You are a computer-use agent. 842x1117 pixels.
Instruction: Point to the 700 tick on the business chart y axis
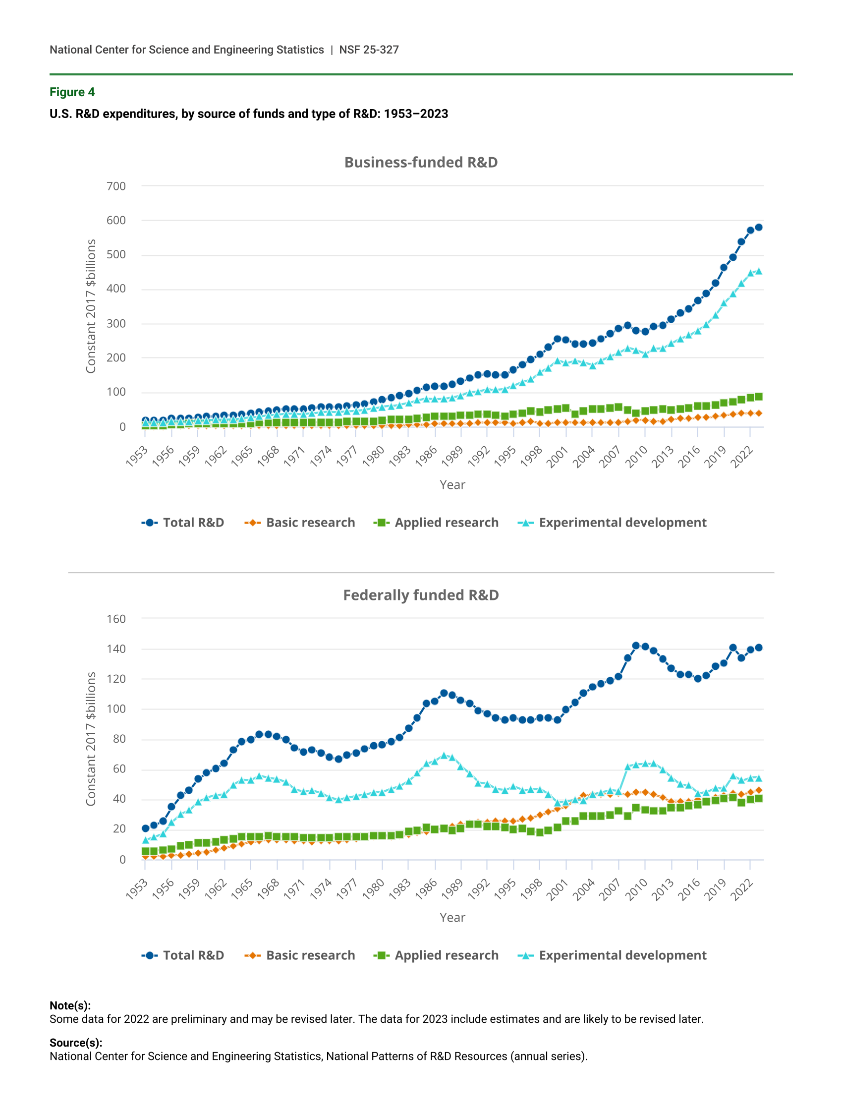pos(116,186)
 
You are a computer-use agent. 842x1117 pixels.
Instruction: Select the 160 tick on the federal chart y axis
pos(116,619)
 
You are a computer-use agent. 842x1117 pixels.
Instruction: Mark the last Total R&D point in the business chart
pos(758,228)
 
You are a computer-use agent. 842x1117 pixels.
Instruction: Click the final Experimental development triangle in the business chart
pos(758,271)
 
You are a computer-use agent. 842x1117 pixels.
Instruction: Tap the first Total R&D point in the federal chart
pos(145,828)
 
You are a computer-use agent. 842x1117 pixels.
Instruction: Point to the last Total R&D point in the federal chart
pos(758,647)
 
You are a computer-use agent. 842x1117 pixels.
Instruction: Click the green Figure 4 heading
pos(72,92)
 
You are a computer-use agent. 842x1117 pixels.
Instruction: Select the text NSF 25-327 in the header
pos(369,50)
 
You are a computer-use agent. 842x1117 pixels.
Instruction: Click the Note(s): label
pos(70,1005)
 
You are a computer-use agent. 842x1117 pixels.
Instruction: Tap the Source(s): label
pos(76,1043)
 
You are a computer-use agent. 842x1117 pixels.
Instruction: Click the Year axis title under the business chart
pos(452,485)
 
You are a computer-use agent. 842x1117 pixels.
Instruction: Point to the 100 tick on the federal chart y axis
pos(116,709)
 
